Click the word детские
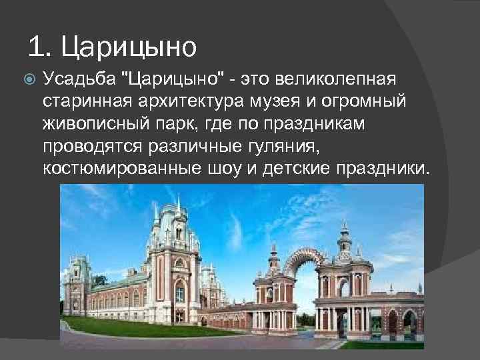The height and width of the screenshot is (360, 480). [x=289, y=169]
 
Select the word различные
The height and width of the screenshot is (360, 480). [x=209, y=146]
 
